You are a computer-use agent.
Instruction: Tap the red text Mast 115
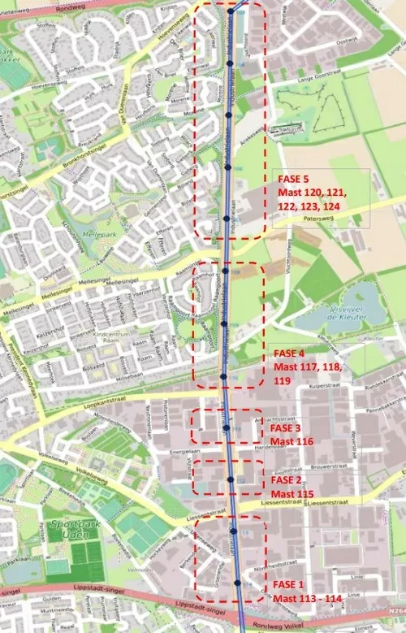coord(292,493)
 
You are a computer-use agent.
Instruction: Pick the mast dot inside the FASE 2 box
coord(231,479)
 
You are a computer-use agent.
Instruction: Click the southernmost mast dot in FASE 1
coord(237,583)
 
